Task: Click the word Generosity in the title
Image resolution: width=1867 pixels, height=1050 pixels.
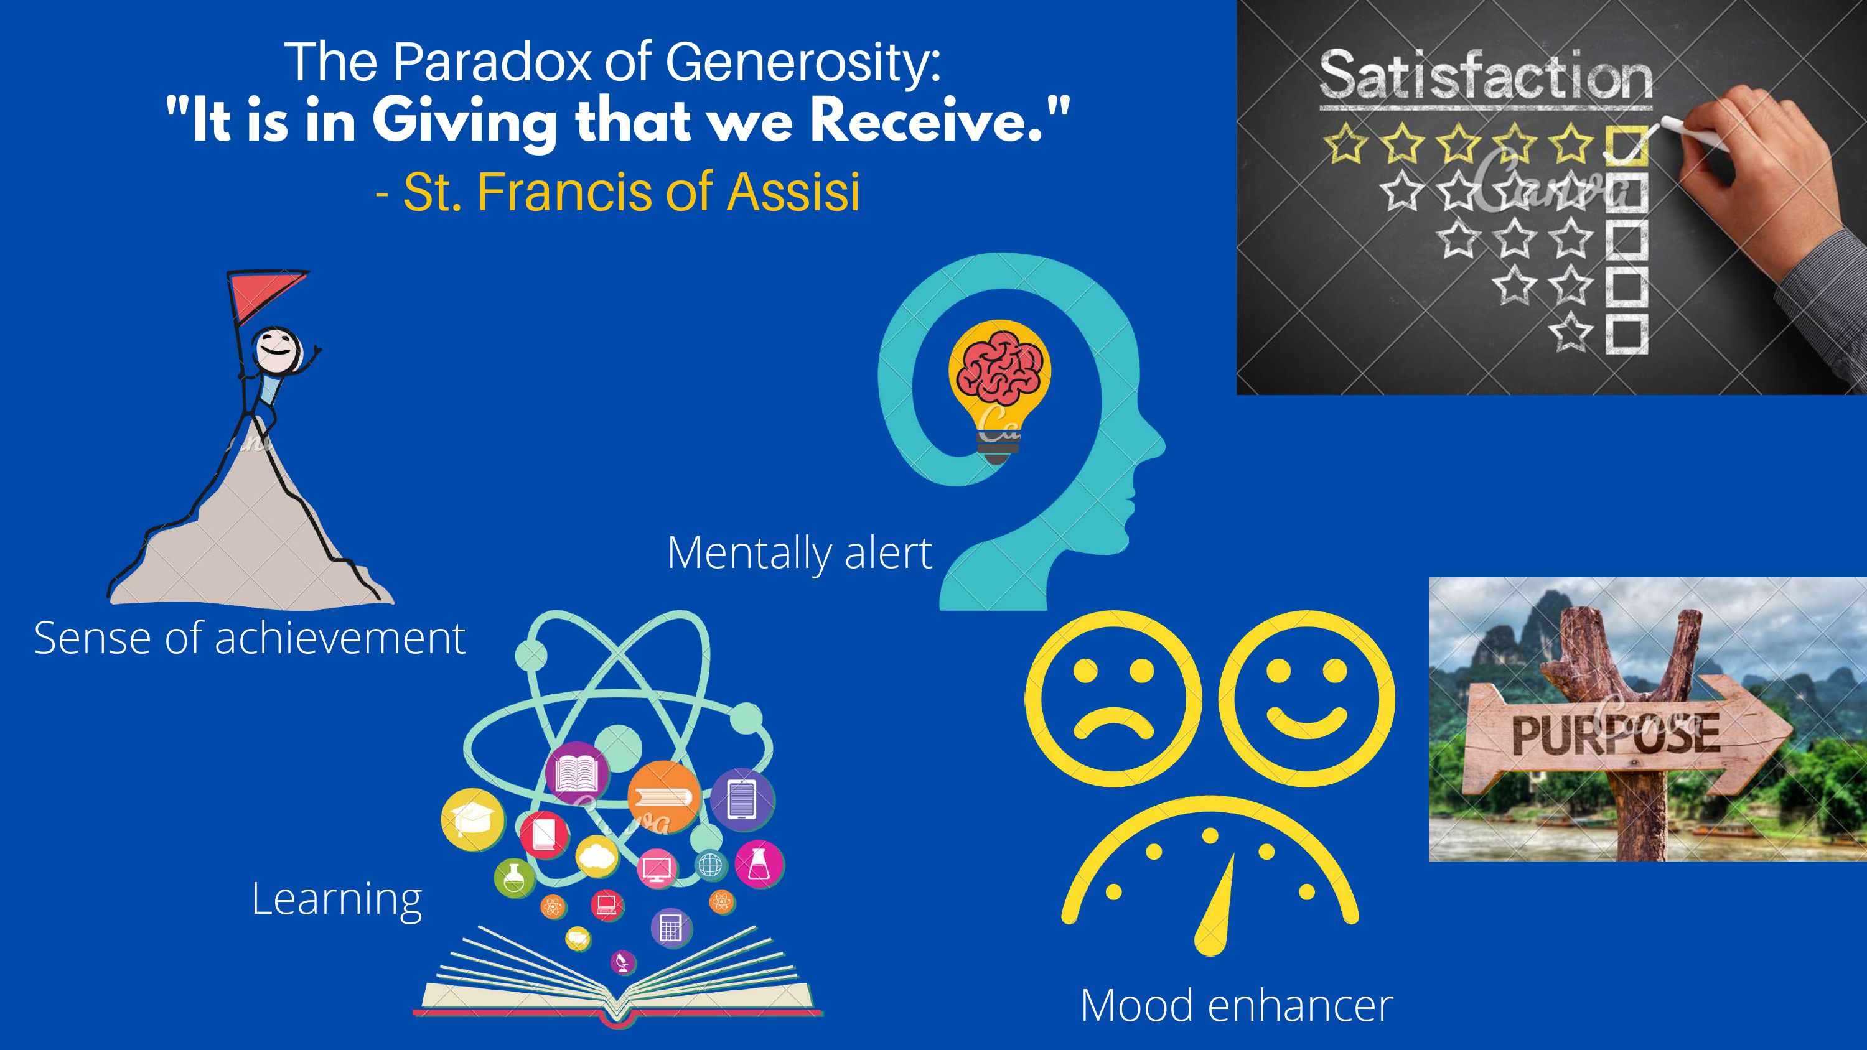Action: pyautogui.click(x=802, y=63)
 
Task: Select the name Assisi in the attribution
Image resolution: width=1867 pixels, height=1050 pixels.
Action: pyautogui.click(x=793, y=192)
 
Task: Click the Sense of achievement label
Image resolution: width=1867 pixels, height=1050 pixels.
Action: pyautogui.click(x=250, y=638)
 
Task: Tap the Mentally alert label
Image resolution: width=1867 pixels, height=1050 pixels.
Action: pyautogui.click(x=800, y=553)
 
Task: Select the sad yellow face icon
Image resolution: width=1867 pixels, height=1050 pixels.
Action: pyautogui.click(x=1113, y=697)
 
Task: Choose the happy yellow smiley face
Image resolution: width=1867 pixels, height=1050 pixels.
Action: pyautogui.click(x=1307, y=697)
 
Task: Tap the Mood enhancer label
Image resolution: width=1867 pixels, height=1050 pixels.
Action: pyautogui.click(x=1237, y=1005)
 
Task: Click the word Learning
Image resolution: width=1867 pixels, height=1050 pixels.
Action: pyautogui.click(x=337, y=899)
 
